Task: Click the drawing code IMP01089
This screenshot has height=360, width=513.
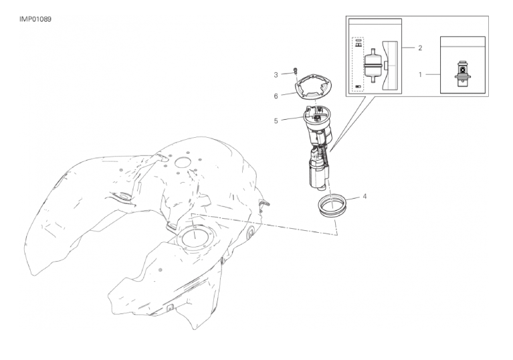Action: click(x=35, y=19)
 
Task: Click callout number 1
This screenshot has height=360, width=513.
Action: click(x=421, y=75)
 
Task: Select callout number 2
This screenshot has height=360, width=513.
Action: click(x=420, y=48)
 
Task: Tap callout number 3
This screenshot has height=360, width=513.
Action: click(x=276, y=75)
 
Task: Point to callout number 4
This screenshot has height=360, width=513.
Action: click(x=365, y=196)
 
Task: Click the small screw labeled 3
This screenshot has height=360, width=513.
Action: click(x=296, y=70)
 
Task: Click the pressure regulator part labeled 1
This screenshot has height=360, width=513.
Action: click(x=462, y=74)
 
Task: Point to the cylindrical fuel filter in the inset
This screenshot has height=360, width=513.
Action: click(x=373, y=66)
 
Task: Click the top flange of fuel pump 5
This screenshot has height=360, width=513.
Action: click(x=317, y=115)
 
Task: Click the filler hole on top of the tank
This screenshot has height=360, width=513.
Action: click(x=183, y=162)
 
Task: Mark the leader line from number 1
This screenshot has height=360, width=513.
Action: click(x=433, y=75)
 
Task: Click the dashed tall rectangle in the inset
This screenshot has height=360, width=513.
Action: click(x=358, y=64)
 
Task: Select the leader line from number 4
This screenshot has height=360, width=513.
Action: click(x=352, y=199)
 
